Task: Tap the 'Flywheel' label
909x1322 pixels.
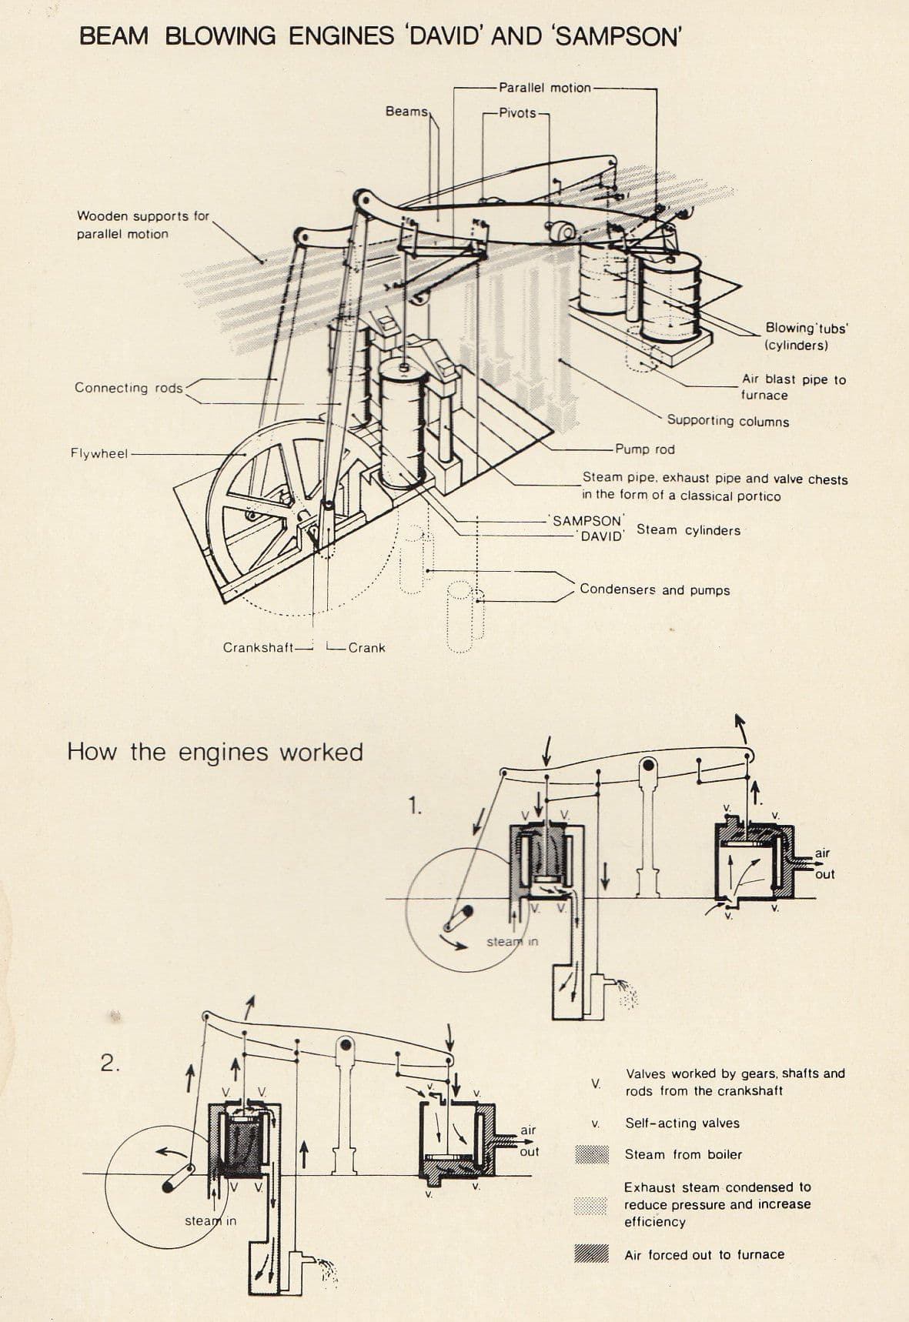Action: (x=99, y=453)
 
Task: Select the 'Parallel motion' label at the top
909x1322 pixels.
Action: (x=544, y=88)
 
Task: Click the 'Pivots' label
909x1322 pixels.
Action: (x=517, y=113)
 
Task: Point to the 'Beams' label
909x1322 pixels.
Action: (x=406, y=112)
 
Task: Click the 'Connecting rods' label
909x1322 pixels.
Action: (x=129, y=388)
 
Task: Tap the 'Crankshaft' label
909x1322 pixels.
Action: (x=259, y=648)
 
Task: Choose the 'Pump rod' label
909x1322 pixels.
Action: (x=644, y=449)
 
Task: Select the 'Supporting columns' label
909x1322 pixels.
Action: (x=727, y=421)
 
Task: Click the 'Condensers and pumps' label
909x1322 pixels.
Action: (x=654, y=590)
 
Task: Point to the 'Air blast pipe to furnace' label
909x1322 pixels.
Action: (x=793, y=387)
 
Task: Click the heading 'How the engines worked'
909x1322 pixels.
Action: (x=215, y=752)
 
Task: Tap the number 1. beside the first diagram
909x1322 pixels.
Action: (x=415, y=806)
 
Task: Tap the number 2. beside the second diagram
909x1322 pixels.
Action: (x=110, y=1063)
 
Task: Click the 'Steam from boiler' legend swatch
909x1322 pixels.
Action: (x=592, y=1154)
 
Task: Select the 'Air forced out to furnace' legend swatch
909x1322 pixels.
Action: (x=592, y=1254)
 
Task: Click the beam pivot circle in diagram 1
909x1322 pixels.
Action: (x=649, y=765)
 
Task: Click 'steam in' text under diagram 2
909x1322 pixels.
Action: (x=210, y=1221)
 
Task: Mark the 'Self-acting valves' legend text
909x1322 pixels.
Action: (x=682, y=1123)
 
